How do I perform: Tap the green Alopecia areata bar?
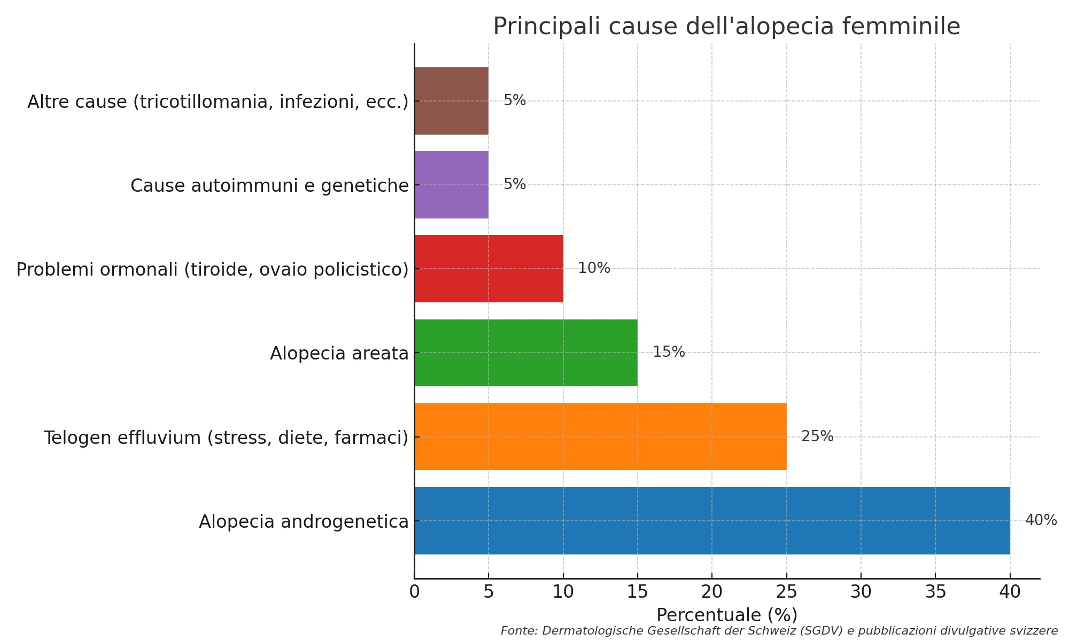pos(526,353)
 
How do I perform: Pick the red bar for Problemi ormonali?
pos(489,269)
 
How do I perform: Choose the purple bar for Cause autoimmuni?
pos(452,185)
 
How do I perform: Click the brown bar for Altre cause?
pos(452,101)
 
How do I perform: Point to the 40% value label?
pos(1041,520)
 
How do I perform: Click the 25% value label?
pos(817,436)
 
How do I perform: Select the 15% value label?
pos(669,352)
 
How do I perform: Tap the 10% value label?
pos(594,268)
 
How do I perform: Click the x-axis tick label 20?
pos(712,592)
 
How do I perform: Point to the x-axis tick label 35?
pos(935,592)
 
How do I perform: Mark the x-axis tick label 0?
pos(414,592)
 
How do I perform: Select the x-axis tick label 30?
pos(861,592)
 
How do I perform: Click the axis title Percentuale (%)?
pos(727,615)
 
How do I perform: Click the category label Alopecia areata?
pos(339,354)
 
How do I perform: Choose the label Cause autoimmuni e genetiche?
pos(269,186)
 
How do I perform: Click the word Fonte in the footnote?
pos(518,631)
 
